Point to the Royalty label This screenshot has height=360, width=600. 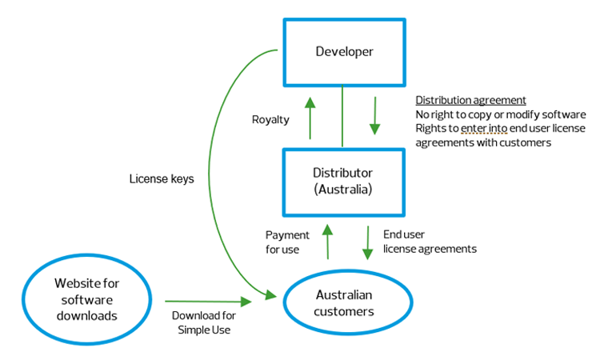tap(270, 120)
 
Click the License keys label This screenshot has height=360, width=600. tap(161, 179)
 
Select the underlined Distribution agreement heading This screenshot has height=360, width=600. tap(470, 101)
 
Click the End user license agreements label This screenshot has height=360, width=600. tap(430, 242)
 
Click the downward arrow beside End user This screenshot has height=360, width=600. tap(368, 242)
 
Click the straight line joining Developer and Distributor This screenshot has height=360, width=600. tap(342, 117)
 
